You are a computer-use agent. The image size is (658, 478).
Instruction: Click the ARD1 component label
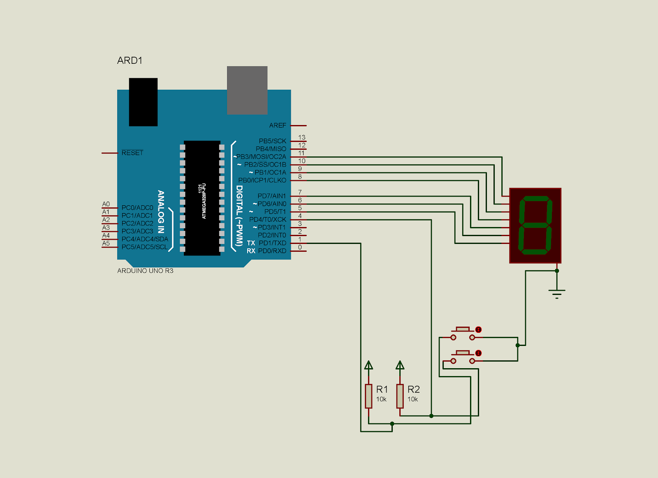[x=130, y=60]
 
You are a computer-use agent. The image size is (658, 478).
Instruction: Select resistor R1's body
[x=368, y=396]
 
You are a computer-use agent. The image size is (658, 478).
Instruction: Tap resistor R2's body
[x=400, y=396]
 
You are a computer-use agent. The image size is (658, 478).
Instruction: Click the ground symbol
[x=557, y=294]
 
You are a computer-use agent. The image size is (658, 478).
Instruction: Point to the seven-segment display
[x=535, y=226]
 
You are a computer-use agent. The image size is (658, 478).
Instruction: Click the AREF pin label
[x=278, y=125]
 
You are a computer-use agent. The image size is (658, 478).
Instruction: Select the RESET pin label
[x=132, y=153]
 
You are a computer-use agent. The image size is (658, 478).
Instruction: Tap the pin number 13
[x=302, y=137]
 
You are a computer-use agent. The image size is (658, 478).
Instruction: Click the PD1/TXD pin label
[x=272, y=243]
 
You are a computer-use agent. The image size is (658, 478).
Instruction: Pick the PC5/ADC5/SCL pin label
[x=144, y=247]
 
